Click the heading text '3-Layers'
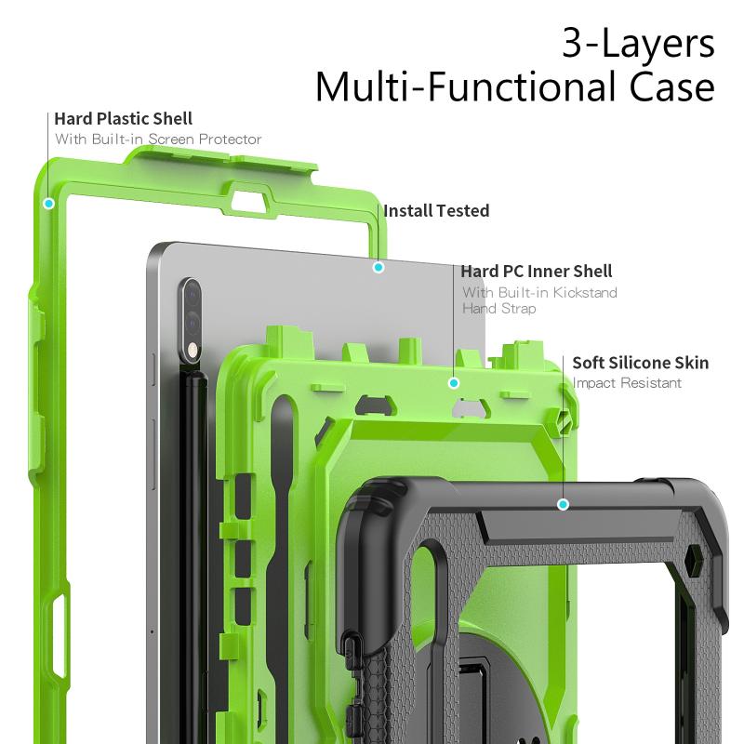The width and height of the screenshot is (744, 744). [x=638, y=44]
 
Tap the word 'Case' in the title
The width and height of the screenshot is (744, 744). [x=671, y=86]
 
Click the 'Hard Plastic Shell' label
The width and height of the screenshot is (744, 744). [x=124, y=119]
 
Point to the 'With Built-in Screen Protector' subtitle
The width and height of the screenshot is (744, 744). [x=158, y=139]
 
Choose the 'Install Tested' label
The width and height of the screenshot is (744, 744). [x=436, y=211]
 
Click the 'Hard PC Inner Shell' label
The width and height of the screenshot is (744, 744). [x=537, y=272]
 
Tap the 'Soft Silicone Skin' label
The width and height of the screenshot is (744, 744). [x=641, y=363]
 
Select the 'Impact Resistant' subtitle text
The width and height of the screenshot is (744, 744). [x=627, y=383]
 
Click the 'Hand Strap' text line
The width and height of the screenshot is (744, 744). [x=499, y=309]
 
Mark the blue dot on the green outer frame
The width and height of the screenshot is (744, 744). [x=48, y=204]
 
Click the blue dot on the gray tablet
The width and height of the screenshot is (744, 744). [x=379, y=268]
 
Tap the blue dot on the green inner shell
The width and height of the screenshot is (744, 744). [x=454, y=383]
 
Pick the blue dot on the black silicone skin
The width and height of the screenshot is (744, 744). [x=563, y=504]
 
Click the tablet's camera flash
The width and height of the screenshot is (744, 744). [x=193, y=351]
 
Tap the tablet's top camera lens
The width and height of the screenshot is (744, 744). [x=192, y=296]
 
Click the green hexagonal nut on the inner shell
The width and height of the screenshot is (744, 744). [x=565, y=419]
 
